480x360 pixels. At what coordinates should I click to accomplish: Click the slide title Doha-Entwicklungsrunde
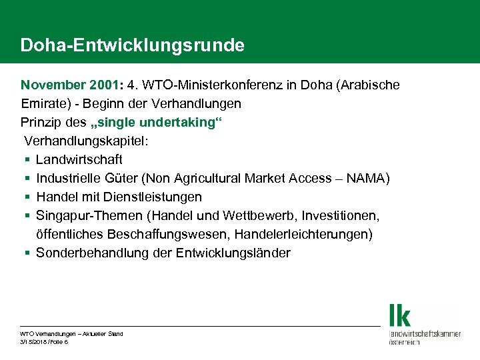click(x=132, y=45)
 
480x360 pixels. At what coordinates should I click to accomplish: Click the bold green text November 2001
click(x=63, y=86)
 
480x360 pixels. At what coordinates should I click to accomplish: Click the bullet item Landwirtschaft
click(x=79, y=160)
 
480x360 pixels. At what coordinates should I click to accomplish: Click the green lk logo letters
click(x=401, y=315)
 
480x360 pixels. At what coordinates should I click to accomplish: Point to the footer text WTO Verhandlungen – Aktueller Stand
click(x=71, y=333)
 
